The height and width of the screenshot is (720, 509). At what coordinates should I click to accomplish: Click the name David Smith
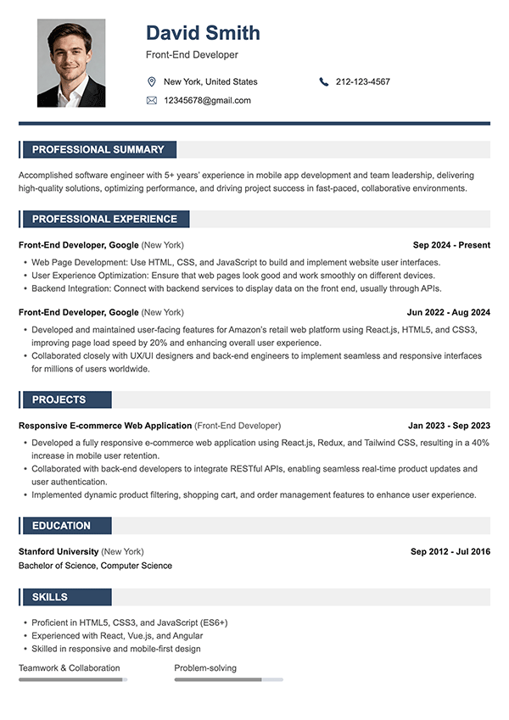point(203,33)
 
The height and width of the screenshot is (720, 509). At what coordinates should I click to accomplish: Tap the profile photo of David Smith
point(71,64)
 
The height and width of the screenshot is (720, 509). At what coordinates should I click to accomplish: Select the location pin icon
point(152,81)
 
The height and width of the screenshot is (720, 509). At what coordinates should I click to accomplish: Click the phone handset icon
point(324,81)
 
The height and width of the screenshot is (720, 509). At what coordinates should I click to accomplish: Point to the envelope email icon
point(152,100)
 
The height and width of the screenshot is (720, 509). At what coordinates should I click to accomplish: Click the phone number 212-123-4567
point(363,81)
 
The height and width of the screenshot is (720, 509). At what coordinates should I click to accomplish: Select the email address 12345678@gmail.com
point(207,100)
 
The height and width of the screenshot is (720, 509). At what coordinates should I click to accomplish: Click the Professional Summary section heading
point(98,149)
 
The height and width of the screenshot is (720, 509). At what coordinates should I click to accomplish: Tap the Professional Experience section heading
point(104,219)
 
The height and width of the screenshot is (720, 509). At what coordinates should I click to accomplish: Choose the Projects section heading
point(59,399)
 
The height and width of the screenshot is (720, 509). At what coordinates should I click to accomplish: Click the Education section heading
point(61,526)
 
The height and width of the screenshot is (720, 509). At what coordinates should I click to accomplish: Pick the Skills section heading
point(50,597)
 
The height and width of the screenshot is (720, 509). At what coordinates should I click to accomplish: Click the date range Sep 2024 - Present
point(449,245)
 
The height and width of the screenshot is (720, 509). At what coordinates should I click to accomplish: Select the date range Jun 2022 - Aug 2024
point(448,312)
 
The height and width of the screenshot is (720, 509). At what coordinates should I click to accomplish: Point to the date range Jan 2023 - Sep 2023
point(449,426)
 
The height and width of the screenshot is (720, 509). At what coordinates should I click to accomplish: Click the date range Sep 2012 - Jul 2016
point(450,552)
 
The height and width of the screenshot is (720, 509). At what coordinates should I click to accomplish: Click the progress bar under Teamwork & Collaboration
point(73,679)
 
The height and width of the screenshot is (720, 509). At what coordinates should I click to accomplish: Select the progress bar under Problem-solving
point(228,679)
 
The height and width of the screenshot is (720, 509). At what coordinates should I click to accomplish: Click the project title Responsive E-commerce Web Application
point(105,426)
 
